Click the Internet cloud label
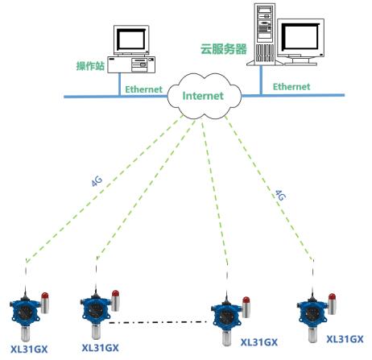[x=203, y=96]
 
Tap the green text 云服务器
[x=224, y=49]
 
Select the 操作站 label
[x=90, y=66]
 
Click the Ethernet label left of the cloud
[x=143, y=89]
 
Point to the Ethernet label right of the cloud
[x=291, y=87]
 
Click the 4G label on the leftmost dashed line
[x=97, y=181]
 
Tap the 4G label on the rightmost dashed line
[x=280, y=195]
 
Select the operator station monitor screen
[x=131, y=39]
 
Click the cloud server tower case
[x=265, y=35]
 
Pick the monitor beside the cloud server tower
[x=300, y=42]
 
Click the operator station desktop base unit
[x=131, y=64]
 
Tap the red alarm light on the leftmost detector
[x=45, y=296]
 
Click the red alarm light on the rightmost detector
[x=332, y=297]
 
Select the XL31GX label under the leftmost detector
[x=29, y=350]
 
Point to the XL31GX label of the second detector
[x=100, y=348]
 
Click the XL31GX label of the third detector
[x=259, y=342]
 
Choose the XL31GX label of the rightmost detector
[x=345, y=339]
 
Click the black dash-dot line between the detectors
[x=158, y=322]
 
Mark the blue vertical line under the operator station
[x=119, y=85]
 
